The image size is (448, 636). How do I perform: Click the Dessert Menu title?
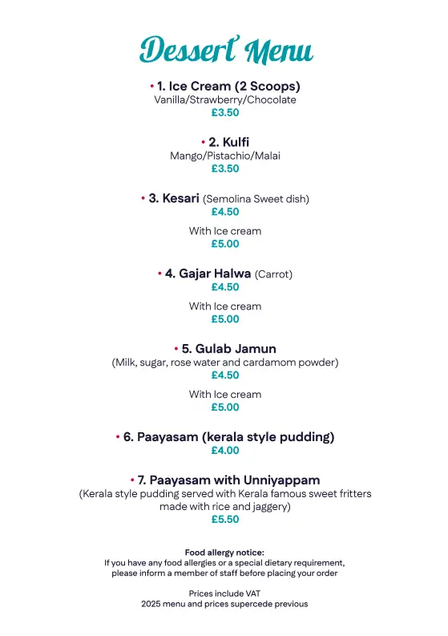[225, 50]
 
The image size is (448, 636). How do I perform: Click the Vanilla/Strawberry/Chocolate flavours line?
[225, 100]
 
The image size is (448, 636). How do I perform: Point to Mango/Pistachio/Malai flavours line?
[225, 156]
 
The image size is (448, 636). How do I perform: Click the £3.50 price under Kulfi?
[225, 169]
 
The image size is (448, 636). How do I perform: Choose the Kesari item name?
[180, 198]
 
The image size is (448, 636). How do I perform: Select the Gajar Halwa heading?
[208, 273]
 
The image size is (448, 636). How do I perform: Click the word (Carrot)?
[273, 274]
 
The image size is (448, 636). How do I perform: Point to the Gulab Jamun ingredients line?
[225, 363]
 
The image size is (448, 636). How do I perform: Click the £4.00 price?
[225, 451]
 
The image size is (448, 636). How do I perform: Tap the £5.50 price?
[225, 520]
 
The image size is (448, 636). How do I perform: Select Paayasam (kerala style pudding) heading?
[228, 437]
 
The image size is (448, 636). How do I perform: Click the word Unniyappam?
[278, 480]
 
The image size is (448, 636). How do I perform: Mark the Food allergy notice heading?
[225, 553]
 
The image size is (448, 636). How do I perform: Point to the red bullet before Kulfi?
[203, 142]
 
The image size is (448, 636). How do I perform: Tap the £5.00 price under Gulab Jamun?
[225, 407]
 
